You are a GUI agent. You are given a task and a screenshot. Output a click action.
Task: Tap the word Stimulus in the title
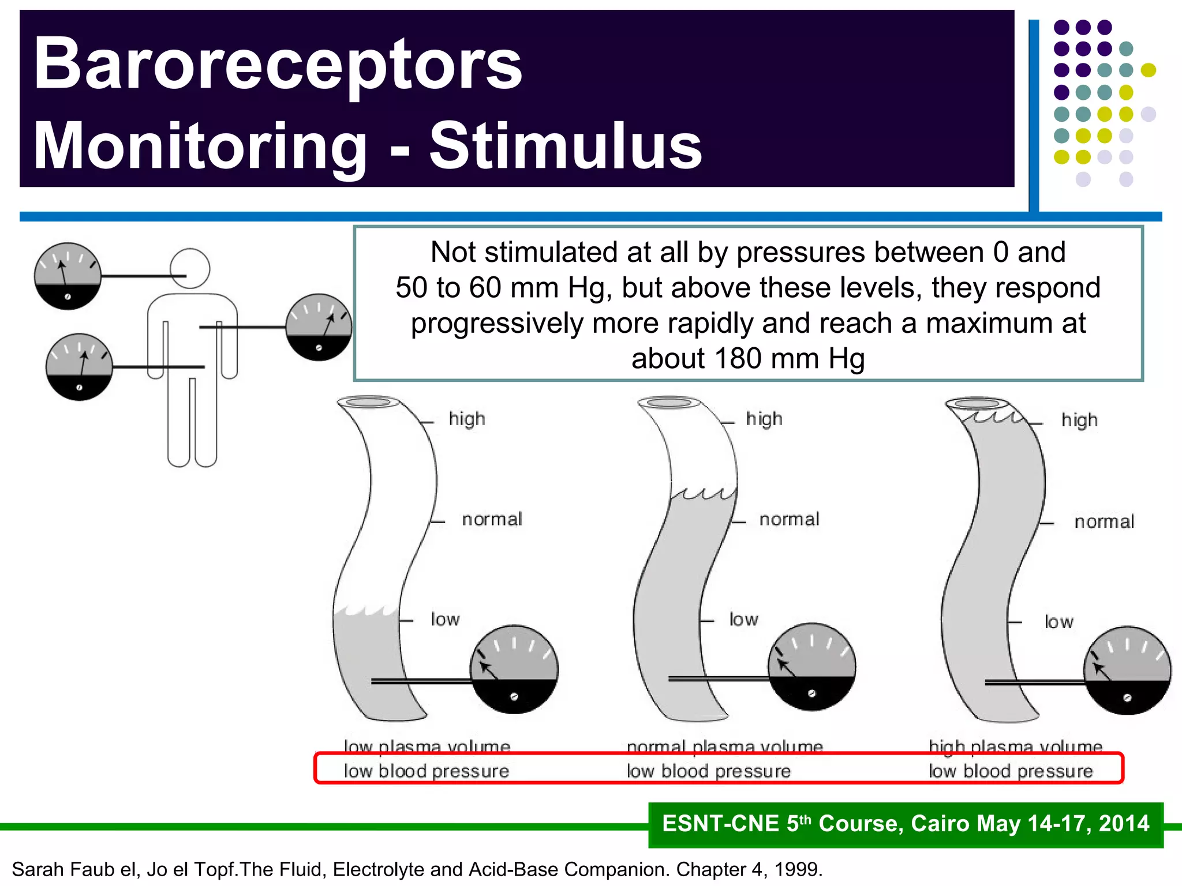(566, 146)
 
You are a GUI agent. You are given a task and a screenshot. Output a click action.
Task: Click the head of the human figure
(190, 268)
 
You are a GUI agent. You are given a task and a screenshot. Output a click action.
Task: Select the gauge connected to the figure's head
(68, 276)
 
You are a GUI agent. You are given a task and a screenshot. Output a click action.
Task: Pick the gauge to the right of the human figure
(319, 327)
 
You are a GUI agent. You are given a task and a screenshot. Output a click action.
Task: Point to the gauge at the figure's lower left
(79, 367)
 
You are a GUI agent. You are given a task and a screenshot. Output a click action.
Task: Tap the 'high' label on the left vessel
(467, 419)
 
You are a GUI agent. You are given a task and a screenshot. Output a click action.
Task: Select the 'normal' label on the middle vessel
(789, 519)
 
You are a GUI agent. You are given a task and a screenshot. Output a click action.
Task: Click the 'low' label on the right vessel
(1058, 622)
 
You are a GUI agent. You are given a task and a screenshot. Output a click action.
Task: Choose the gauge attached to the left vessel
(514, 669)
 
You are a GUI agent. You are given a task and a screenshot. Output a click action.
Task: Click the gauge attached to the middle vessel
(811, 667)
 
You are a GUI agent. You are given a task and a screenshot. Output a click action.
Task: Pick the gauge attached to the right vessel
(1127, 670)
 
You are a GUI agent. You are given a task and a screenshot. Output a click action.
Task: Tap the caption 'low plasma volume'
(427, 746)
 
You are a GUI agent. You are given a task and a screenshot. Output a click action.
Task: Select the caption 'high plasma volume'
(1015, 746)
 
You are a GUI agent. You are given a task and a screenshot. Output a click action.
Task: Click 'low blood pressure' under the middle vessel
(709, 771)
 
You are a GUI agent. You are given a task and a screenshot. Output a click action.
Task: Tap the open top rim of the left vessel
(368, 401)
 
